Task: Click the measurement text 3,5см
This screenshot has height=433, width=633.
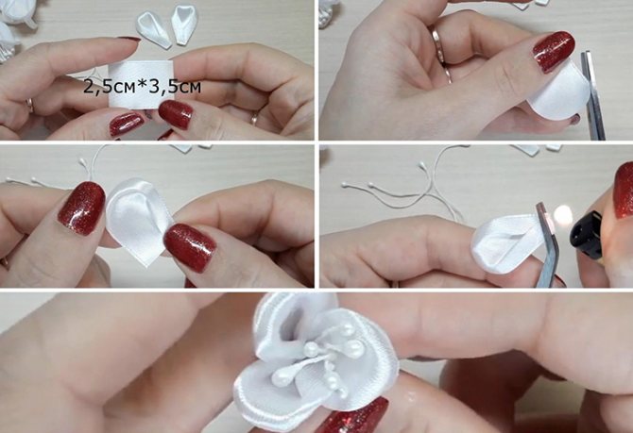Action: click(x=175, y=87)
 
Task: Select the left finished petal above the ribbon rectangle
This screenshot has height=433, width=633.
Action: click(x=154, y=28)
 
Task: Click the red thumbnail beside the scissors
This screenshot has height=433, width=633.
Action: click(x=554, y=52)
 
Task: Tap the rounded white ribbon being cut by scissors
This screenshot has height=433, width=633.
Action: click(x=559, y=94)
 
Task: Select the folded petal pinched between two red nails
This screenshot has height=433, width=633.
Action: click(x=137, y=220)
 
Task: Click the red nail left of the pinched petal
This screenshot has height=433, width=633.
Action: click(x=82, y=208)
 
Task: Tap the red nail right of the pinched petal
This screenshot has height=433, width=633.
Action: click(x=190, y=247)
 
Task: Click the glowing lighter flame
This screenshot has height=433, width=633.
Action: click(x=563, y=216)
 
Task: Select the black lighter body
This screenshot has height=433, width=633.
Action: click(x=587, y=235)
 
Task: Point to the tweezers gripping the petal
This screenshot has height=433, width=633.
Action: click(x=547, y=245)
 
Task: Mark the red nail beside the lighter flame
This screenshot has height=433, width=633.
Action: click(x=624, y=190)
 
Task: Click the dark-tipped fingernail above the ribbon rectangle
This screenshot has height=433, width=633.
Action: click(x=129, y=39)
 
